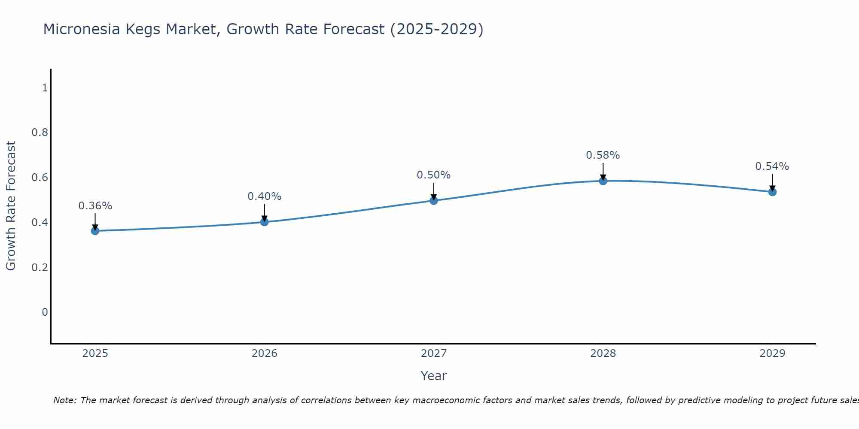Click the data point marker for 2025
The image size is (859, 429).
95,231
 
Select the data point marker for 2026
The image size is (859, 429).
265,222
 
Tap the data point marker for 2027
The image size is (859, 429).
434,200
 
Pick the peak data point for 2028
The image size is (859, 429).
603,181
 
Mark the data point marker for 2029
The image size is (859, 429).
772,192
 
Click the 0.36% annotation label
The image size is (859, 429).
95,206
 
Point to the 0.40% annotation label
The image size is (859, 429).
265,196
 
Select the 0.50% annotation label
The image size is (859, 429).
434,175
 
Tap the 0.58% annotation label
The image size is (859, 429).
603,155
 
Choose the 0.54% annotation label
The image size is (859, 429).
772,166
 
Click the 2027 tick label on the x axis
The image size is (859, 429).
434,353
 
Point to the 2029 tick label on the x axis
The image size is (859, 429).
772,353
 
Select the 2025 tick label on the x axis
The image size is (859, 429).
95,353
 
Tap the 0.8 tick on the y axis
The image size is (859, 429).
40,133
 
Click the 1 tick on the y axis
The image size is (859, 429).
45,88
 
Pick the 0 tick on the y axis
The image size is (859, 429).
45,312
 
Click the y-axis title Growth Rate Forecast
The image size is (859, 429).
11,206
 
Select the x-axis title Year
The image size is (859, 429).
434,376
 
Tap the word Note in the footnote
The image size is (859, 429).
64,400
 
